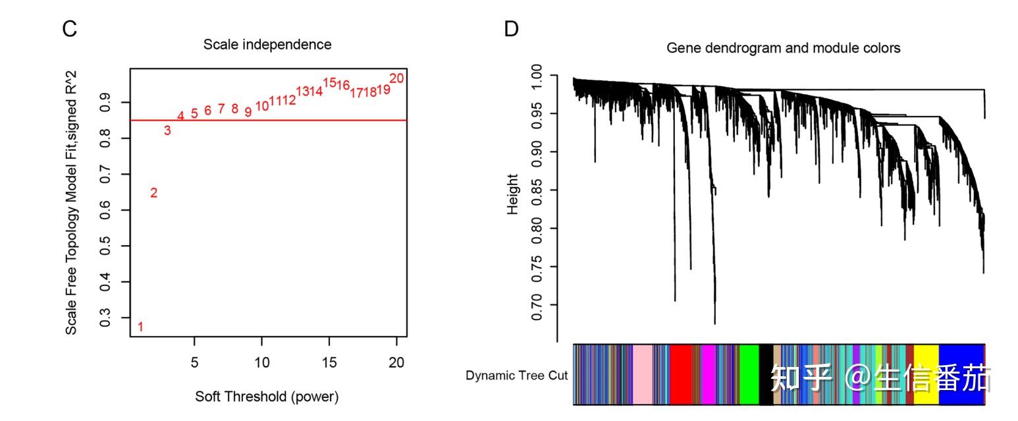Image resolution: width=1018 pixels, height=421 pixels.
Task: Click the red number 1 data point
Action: (140, 327)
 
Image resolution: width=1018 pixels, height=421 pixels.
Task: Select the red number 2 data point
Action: (153, 193)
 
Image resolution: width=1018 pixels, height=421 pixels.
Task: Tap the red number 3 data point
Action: (167, 130)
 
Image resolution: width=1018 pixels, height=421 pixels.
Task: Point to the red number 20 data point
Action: (396, 78)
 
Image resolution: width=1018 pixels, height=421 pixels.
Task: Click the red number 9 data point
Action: (248, 113)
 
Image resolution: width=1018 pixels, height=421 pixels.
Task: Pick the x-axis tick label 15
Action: (329, 362)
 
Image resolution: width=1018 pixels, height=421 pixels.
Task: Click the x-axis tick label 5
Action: (194, 362)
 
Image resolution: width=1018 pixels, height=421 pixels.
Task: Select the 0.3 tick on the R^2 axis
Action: (105, 318)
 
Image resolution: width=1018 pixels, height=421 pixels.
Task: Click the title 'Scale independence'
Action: (267, 44)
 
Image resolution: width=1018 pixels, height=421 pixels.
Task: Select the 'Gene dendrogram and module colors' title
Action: (783, 48)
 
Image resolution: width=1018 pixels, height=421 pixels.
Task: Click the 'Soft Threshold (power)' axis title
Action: (267, 397)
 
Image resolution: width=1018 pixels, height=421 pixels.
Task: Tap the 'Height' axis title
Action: (512, 194)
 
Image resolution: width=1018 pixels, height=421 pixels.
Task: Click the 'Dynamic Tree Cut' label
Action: (516, 376)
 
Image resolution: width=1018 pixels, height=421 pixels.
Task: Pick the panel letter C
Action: (70, 29)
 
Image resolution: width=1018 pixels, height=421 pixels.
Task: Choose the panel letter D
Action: (511, 29)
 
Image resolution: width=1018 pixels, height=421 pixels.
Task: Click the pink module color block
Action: (642, 374)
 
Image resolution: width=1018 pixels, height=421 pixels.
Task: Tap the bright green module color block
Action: (749, 374)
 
